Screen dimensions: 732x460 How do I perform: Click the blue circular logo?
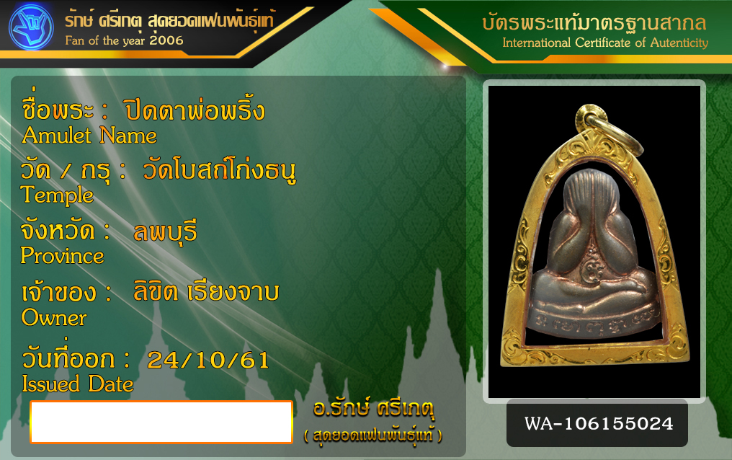click(31, 27)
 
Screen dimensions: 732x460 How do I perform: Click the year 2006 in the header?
click(166, 40)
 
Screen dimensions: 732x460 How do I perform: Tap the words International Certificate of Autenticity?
click(605, 43)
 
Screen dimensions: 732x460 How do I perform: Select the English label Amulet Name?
click(89, 136)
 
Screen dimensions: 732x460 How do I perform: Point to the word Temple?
click(57, 194)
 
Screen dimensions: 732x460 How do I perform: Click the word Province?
click(62, 255)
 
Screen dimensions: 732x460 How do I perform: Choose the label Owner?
click(54, 317)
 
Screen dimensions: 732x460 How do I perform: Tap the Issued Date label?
click(78, 384)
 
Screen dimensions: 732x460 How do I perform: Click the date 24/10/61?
click(208, 360)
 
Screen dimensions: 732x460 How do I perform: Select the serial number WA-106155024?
click(599, 423)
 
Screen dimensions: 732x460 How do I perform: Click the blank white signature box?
click(161, 422)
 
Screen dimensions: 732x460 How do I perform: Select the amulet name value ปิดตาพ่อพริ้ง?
click(195, 110)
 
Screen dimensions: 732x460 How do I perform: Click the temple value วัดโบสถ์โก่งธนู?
click(219, 170)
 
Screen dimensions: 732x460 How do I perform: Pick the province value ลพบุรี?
click(165, 231)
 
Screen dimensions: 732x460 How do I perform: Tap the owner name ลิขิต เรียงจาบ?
click(206, 291)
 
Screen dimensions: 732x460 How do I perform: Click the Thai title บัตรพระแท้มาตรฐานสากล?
click(594, 22)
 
